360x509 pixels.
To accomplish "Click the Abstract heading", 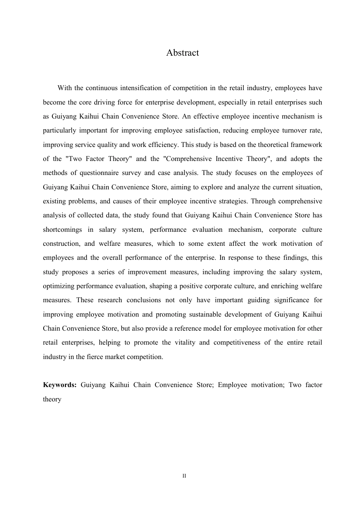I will click(x=182, y=53).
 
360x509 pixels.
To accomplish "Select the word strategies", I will click(x=233, y=201).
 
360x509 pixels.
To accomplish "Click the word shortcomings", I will click(x=62, y=230).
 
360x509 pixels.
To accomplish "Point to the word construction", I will click(x=61, y=244).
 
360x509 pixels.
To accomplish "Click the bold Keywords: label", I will click(x=59, y=385).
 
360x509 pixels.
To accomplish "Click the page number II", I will click(x=184, y=476).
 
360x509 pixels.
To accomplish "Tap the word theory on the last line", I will click(x=52, y=399).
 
